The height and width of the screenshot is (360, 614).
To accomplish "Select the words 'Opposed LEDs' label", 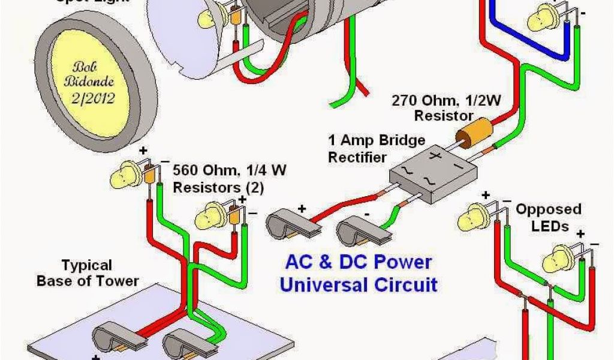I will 549,217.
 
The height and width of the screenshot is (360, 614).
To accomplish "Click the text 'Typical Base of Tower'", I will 88,272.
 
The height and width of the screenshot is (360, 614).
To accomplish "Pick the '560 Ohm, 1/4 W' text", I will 230,170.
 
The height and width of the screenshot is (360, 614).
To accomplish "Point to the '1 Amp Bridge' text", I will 377,140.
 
